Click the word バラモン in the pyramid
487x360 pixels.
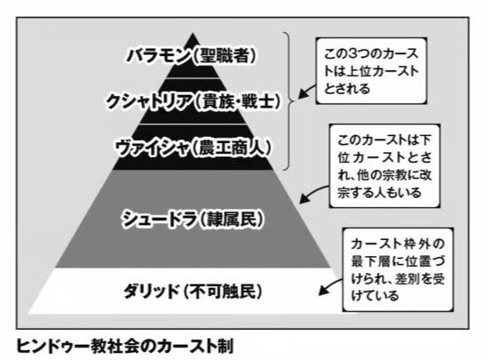tap(158, 56)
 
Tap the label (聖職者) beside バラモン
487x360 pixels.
tap(224, 56)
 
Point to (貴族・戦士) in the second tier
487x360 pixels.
tap(236, 102)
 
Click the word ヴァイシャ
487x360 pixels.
tap(151, 148)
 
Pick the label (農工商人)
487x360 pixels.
tap(230, 148)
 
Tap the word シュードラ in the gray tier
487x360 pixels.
tap(159, 219)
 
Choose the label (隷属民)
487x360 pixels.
tap(231, 219)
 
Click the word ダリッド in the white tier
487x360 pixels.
tap(152, 292)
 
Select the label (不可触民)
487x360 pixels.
tap(223, 292)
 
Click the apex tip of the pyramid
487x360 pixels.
tap(193, 33)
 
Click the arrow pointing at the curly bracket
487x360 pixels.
tap(307, 91)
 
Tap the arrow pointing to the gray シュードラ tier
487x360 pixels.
tap(312, 192)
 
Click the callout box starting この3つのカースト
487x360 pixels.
tap(371, 71)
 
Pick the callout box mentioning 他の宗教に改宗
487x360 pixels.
tap(385, 166)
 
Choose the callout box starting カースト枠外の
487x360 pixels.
tap(398, 269)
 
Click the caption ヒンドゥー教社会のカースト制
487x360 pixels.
tap(124, 346)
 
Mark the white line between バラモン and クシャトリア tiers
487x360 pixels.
tap(193, 78)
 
